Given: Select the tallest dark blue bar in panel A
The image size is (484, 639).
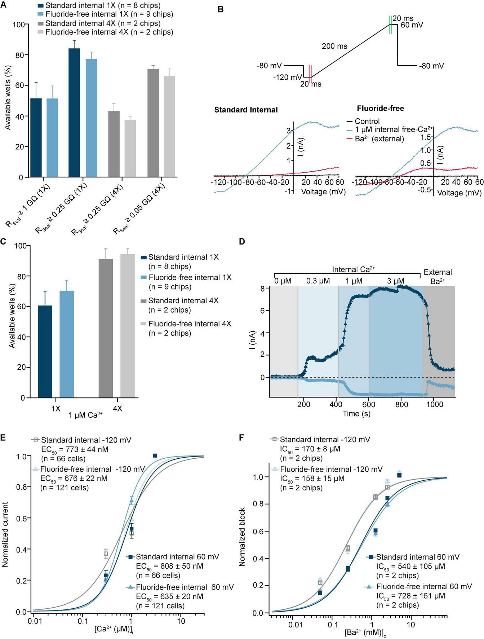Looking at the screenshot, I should point(74,113).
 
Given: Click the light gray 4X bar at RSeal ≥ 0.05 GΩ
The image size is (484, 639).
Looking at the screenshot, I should point(169,127).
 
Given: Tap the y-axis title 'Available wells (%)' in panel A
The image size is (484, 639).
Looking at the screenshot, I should point(8,97).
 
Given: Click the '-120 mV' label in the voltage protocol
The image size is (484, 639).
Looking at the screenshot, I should point(287,78).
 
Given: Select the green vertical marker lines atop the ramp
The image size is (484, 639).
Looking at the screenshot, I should point(390,25).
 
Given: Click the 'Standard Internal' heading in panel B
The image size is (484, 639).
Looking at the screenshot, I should point(246,110).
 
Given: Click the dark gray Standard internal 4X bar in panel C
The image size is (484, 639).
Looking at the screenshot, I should point(106,328).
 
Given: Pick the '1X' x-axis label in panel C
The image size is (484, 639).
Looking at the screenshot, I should point(55,409).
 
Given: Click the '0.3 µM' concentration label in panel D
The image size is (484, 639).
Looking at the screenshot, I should point(318,281).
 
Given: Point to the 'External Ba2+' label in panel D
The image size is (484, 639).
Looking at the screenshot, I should point(438,277).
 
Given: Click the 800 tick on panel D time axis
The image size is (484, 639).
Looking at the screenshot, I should point(401,405).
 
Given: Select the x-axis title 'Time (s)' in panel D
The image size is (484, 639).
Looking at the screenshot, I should point(356,414).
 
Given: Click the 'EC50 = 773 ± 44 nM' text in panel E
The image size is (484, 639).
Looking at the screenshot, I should point(75,449).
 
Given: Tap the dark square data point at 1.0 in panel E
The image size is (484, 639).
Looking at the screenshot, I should point(155,456).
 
